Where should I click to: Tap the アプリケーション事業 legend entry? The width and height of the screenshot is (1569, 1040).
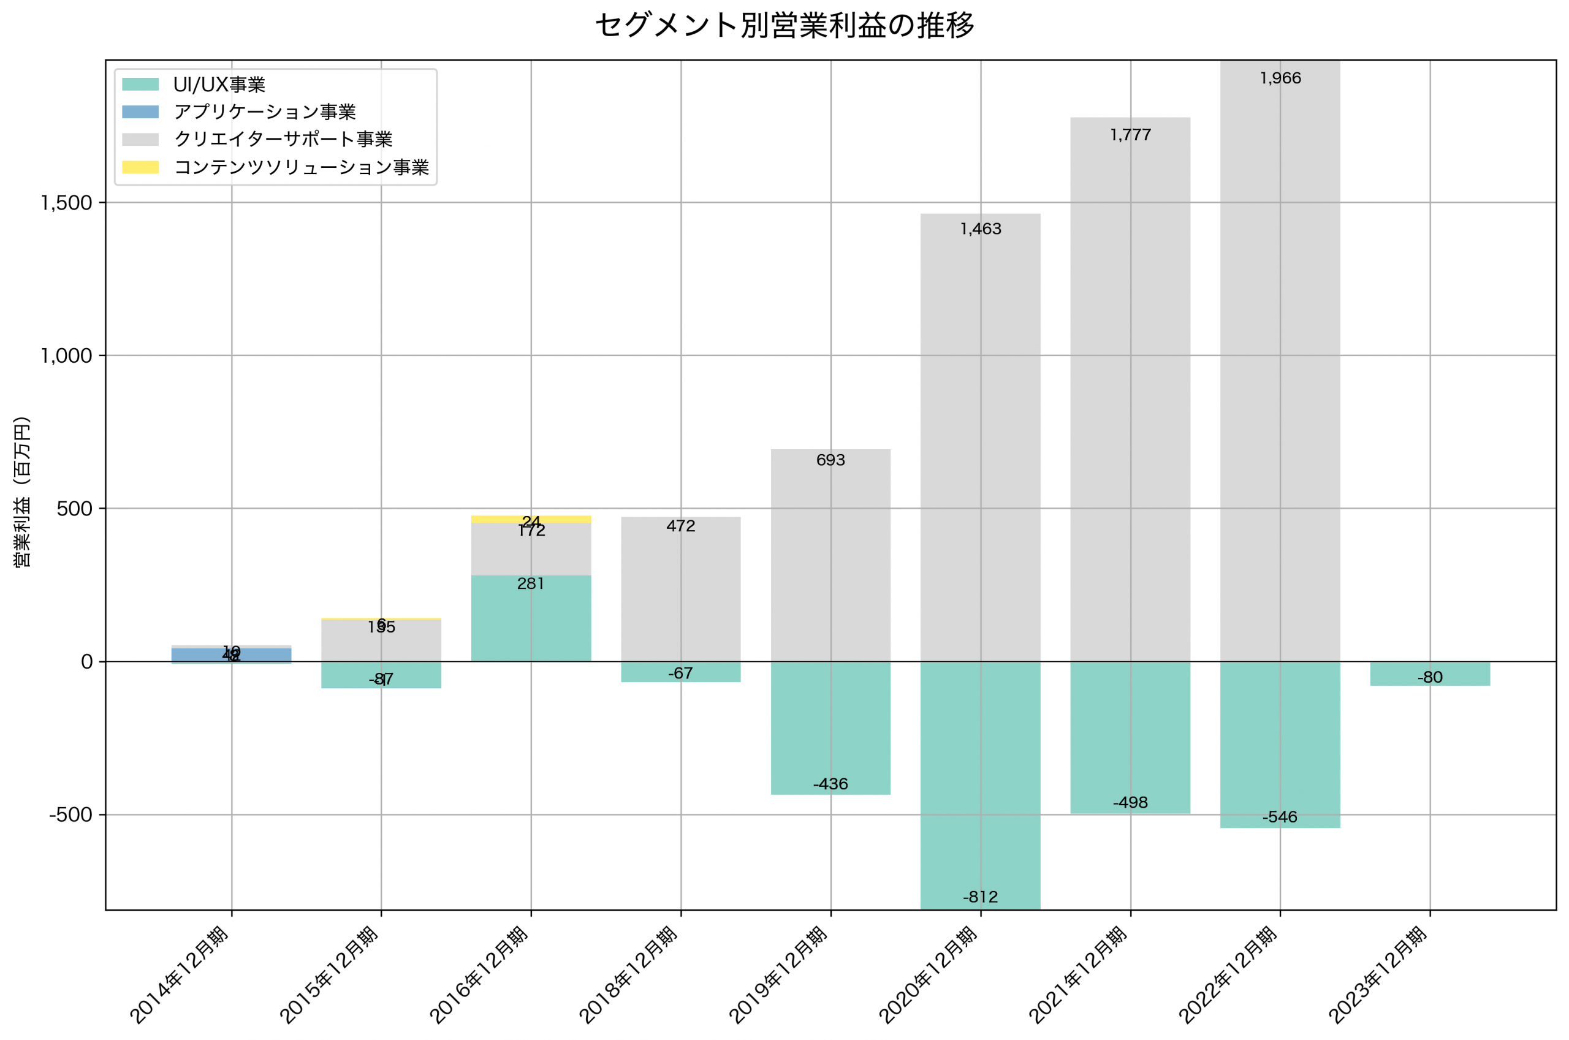(264, 112)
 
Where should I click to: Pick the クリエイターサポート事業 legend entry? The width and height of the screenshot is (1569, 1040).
(283, 139)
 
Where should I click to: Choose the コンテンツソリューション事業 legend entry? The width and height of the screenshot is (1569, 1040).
(300, 167)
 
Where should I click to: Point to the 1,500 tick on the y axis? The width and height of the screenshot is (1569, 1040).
(66, 203)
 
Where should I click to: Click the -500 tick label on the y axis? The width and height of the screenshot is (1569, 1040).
(70, 814)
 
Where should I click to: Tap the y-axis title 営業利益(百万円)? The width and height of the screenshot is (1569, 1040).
(23, 492)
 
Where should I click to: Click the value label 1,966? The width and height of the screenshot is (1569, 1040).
(1280, 78)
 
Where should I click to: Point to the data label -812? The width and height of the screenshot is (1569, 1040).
(980, 897)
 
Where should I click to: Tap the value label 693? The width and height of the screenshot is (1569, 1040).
(830, 460)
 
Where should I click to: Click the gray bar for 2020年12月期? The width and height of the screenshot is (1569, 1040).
(980, 438)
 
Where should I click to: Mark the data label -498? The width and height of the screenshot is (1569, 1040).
(1130, 803)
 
